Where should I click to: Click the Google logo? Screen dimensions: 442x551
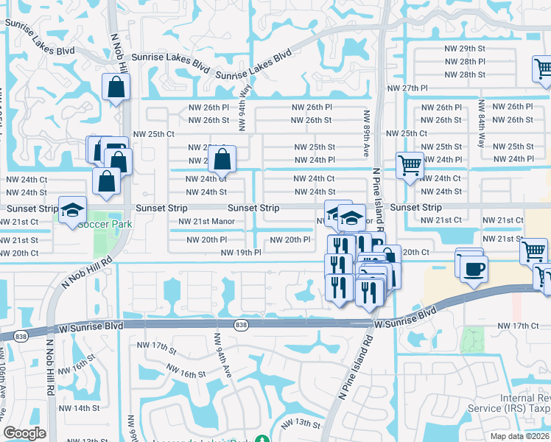click(24, 433)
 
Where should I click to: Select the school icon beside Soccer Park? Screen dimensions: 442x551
click(72, 210)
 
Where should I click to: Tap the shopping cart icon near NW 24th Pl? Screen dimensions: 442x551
click(410, 165)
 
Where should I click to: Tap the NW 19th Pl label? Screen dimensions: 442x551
click(241, 253)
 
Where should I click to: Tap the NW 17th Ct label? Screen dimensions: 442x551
click(518, 326)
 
